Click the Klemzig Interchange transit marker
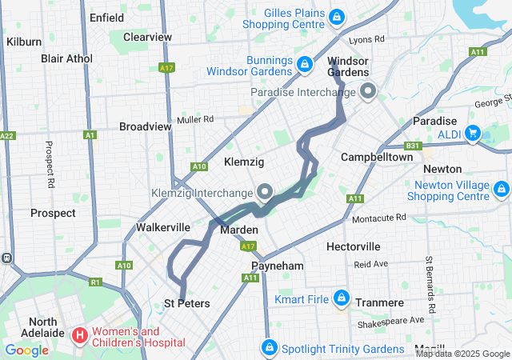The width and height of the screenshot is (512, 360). click(x=265, y=192)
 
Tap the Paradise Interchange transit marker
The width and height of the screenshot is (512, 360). click(x=368, y=91)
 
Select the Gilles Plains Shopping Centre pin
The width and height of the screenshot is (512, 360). click(x=337, y=16)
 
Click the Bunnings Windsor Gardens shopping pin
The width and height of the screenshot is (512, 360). click(x=304, y=63)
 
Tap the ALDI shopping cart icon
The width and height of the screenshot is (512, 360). click(x=474, y=132)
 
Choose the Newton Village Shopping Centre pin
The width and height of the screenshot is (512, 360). click(x=502, y=190)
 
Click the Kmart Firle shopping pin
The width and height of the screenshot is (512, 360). click(x=341, y=298)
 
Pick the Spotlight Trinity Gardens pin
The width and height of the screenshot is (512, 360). click(x=270, y=349)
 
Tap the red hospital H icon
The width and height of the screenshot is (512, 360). click(x=80, y=334)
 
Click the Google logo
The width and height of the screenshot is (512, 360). click(x=26, y=350)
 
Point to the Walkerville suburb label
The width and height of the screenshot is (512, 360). click(x=162, y=227)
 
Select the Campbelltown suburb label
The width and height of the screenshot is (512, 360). click(x=377, y=158)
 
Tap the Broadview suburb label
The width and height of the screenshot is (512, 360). click(x=145, y=126)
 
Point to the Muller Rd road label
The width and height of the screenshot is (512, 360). click(x=196, y=119)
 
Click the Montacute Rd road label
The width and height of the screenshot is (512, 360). click(x=379, y=218)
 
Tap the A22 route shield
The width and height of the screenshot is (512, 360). click(x=7, y=135)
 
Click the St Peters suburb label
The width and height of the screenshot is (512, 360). click(x=187, y=303)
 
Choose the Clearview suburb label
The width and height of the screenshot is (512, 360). click(x=147, y=37)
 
